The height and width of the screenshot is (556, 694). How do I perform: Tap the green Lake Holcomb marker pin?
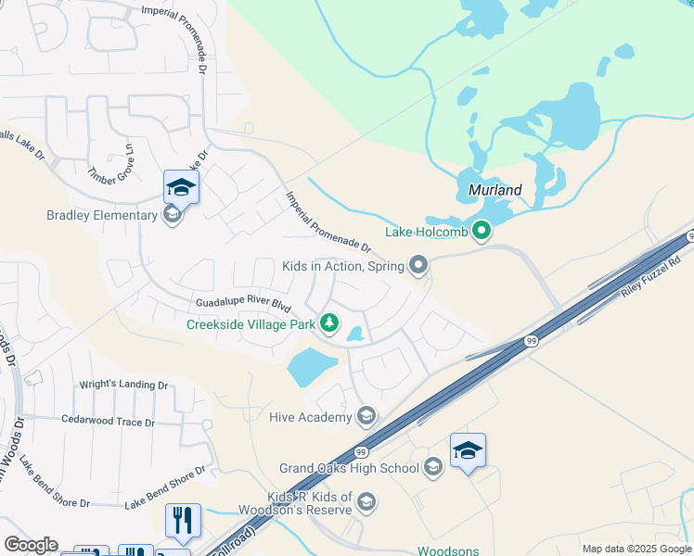coord(481,231)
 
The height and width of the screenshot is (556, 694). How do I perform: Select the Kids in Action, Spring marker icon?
coord(418,266)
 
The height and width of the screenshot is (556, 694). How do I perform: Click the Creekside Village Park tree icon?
coord(328,323)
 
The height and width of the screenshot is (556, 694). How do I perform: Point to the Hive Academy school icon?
coord(366,417)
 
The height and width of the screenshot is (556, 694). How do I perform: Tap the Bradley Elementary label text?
coord(102,216)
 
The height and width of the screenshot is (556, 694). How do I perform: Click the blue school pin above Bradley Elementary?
coord(181,187)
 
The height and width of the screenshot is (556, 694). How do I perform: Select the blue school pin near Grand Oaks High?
coord(468,451)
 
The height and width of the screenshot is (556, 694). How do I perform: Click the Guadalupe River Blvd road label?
coord(243,304)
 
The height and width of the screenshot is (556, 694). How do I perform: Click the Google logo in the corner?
coord(31,545)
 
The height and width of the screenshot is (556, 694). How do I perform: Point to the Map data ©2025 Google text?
coord(636,549)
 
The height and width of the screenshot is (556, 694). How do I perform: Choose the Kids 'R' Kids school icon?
coord(366,502)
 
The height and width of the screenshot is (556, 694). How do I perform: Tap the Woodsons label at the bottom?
coord(450,550)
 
